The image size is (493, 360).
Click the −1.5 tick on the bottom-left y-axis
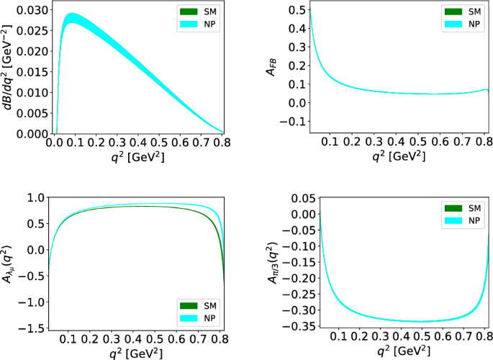click(33, 329)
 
